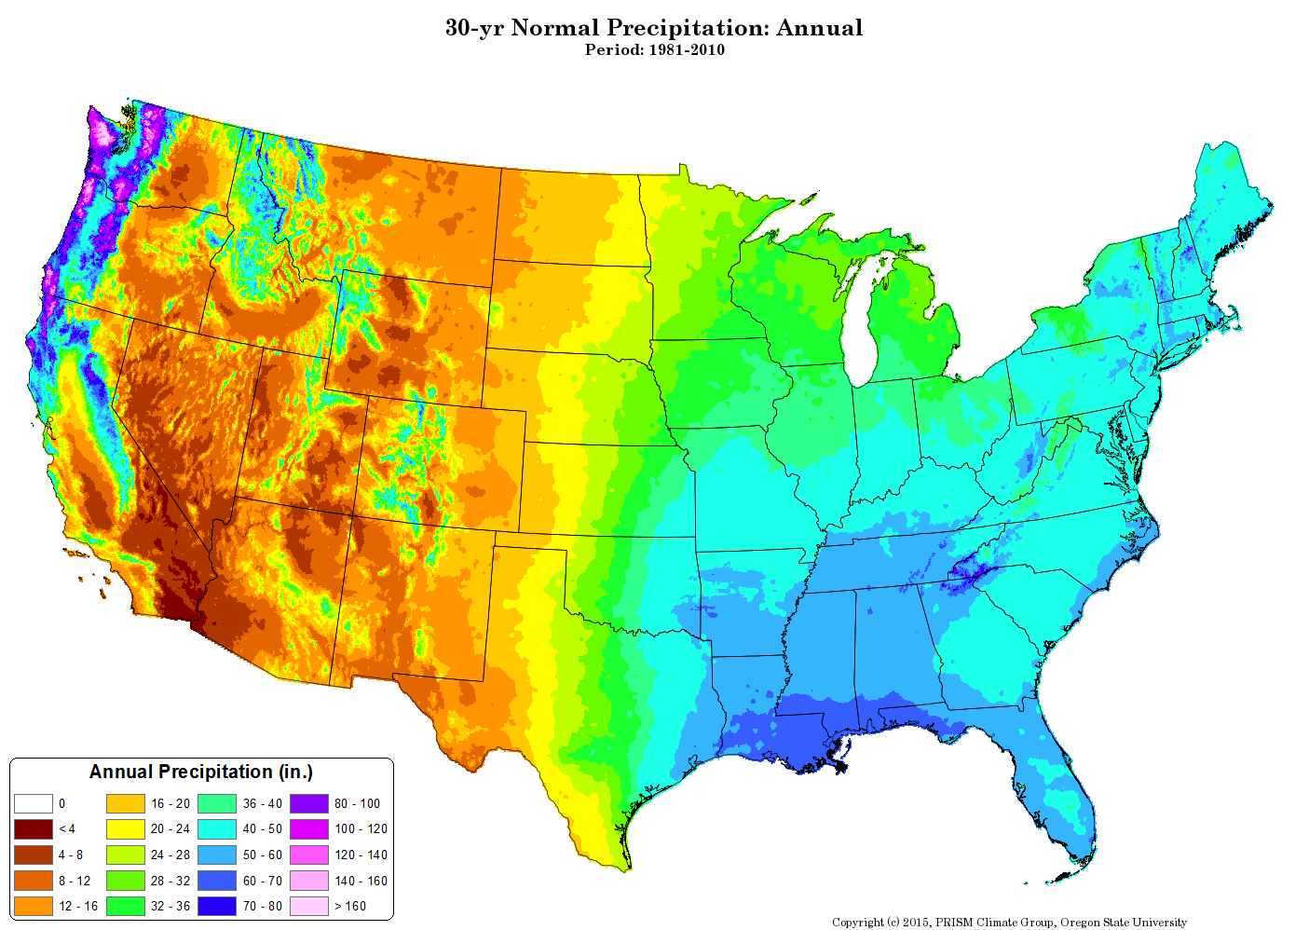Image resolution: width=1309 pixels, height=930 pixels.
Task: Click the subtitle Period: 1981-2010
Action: (654, 50)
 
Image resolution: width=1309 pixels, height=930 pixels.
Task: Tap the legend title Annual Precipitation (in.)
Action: (201, 772)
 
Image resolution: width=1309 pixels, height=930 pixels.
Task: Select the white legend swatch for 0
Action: (33, 803)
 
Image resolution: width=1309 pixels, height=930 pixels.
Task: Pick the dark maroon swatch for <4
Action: (33, 828)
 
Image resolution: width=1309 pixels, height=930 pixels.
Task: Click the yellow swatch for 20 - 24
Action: (125, 828)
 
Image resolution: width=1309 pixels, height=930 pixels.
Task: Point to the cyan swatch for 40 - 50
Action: (217, 828)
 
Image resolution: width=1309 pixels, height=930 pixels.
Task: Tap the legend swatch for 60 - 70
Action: (217, 881)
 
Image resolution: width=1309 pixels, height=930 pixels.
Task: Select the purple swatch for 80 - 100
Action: (308, 803)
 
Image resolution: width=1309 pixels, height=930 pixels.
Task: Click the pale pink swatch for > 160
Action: (308, 906)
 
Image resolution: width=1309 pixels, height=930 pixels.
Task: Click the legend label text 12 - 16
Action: (78, 906)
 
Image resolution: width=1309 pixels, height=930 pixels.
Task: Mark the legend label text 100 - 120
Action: (361, 828)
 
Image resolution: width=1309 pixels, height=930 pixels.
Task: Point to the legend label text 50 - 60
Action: (263, 855)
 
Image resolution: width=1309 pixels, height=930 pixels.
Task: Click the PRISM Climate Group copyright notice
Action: (1009, 923)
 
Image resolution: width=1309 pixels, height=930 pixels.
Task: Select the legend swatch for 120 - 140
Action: (308, 855)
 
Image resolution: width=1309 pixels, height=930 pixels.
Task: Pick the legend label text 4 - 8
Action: (71, 855)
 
